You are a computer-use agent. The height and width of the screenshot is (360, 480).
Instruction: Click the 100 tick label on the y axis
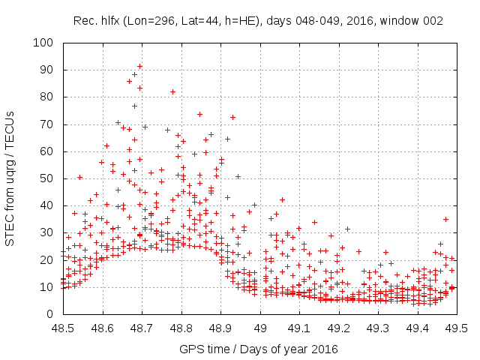45,43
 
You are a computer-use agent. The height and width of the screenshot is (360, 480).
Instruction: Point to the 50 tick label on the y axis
48,178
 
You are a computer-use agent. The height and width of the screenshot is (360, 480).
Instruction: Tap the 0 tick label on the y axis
51,314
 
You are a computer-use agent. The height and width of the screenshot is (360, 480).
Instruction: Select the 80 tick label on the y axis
48,97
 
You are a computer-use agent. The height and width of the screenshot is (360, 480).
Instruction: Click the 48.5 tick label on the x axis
63,328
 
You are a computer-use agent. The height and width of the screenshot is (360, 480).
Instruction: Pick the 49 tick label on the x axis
260,328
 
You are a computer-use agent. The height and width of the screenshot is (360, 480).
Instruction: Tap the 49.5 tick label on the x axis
457,328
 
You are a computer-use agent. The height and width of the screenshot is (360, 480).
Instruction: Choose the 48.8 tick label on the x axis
181,328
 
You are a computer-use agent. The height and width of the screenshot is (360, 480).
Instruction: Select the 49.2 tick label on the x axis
339,328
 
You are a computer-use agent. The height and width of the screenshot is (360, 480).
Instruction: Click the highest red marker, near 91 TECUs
139,67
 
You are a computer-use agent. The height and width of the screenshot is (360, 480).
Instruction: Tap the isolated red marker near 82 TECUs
172,91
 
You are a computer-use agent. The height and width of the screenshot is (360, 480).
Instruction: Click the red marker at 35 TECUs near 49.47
445,219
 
